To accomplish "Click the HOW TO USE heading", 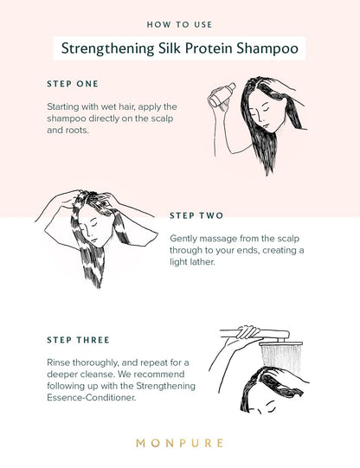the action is (x=179, y=24).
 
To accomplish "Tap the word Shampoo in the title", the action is (x=267, y=48).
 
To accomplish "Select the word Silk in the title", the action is (x=169, y=48).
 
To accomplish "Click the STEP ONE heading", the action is (x=73, y=84).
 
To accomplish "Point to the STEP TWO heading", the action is (x=196, y=215).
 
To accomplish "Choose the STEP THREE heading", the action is (x=78, y=340).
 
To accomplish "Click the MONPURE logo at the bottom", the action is (x=180, y=443).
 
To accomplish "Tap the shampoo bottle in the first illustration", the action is (x=222, y=94).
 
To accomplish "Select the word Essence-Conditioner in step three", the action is (x=92, y=398).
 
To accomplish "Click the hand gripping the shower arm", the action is (x=248, y=332).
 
